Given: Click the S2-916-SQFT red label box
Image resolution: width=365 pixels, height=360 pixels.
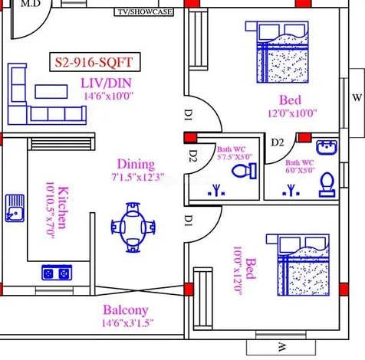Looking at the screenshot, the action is point(95,62).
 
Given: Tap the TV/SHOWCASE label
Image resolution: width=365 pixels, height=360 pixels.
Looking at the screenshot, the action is point(144,12).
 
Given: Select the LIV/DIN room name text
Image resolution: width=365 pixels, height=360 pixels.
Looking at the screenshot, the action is point(107,83).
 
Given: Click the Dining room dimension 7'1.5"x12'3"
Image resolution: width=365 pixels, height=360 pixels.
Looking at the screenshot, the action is point(137,177).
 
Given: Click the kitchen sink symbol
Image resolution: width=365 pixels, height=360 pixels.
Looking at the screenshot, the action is point(15,208).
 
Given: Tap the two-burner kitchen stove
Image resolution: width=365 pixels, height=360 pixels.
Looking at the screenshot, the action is point(57,273).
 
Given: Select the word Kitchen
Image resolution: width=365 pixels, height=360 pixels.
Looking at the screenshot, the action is point(63,208).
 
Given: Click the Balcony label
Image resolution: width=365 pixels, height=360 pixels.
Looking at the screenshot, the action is point(126,310).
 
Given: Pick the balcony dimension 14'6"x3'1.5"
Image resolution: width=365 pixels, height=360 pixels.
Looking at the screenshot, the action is point(127,323).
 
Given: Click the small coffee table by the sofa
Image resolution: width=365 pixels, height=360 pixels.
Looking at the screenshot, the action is point(51,91).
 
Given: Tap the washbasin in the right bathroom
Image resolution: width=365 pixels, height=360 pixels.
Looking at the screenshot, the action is point(327,147).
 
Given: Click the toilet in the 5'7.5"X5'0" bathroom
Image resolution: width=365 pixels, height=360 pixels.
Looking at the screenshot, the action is point(244,171).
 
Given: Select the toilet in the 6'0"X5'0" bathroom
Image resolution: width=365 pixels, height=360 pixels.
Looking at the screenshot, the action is point(327,185).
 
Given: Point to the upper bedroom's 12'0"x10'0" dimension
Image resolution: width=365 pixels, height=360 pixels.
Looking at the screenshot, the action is point(292,113).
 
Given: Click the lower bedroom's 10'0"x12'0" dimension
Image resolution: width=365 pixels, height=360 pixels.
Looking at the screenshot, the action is point(237,271).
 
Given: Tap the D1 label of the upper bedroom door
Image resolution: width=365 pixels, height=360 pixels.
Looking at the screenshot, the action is point(189,115).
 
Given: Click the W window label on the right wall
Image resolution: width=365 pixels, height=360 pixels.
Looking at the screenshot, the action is point(357,97).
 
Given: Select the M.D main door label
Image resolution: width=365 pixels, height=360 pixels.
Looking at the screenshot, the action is point(30,4).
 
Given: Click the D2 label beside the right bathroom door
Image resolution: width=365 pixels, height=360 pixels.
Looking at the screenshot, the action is point(278,142).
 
